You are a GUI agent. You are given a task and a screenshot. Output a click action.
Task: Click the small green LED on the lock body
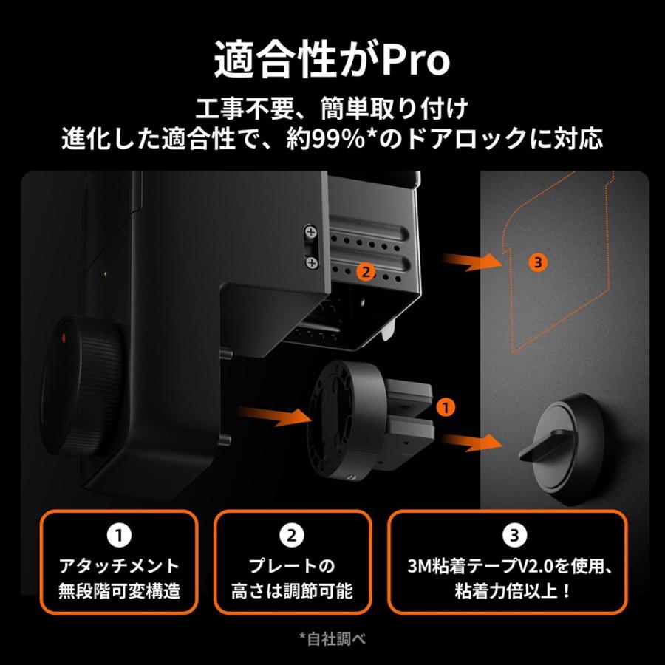[106, 273]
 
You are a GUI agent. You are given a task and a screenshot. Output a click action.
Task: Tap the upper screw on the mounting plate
[310, 233]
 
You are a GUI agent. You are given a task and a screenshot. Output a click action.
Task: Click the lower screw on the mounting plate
[310, 262]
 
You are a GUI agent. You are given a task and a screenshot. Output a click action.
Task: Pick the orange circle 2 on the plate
[364, 271]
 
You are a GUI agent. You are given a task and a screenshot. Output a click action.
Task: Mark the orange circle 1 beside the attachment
[444, 405]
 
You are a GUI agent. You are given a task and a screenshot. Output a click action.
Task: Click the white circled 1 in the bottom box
[120, 533]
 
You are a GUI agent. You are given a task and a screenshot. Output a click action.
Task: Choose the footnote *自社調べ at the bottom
[332, 637]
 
